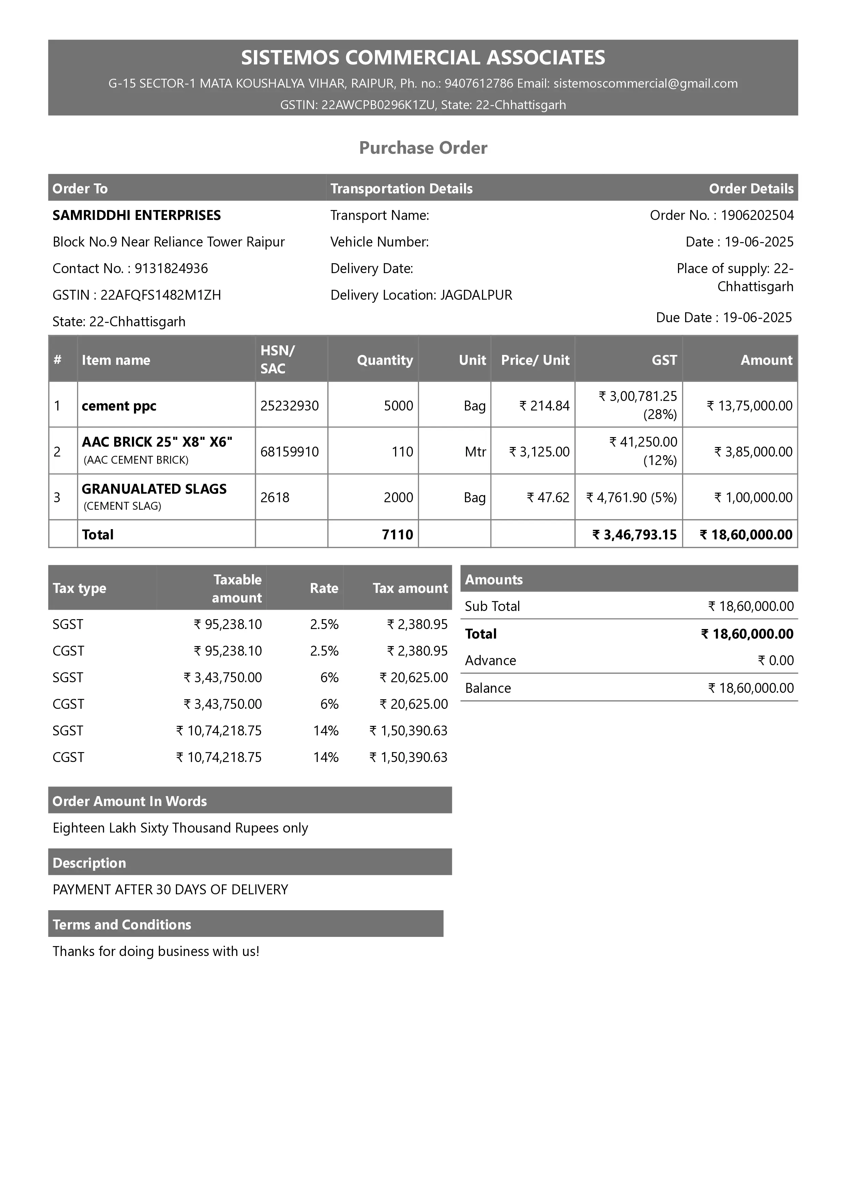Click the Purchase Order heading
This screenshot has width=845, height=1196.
(x=423, y=148)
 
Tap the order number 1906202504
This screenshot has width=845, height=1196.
(x=757, y=215)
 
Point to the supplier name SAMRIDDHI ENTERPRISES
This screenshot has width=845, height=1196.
(x=136, y=215)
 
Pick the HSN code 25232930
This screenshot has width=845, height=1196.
(x=289, y=405)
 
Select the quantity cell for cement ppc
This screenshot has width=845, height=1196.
(x=398, y=405)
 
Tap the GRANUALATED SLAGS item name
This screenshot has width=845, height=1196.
(x=154, y=489)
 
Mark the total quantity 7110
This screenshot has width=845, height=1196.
(x=397, y=535)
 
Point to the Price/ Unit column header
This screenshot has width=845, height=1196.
(x=535, y=360)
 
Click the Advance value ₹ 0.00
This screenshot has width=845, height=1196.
(x=776, y=660)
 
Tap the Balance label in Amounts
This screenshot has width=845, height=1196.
(x=488, y=688)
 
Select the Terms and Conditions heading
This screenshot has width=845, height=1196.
(x=122, y=925)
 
